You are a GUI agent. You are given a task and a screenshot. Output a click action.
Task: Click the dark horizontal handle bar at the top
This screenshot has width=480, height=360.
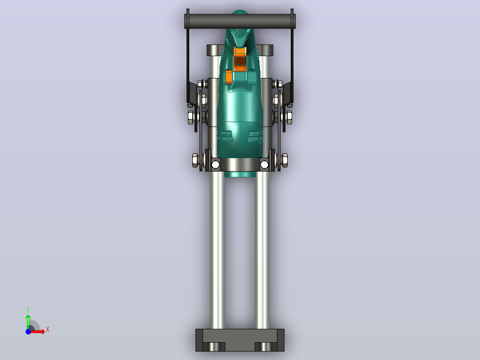click(240, 21)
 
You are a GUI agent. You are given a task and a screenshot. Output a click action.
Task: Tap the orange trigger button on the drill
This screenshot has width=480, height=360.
click(240, 60)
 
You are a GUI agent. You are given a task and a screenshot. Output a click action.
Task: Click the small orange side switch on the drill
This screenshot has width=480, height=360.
click(229, 77)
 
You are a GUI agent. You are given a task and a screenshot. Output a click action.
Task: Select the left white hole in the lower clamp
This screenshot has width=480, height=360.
click(215, 165)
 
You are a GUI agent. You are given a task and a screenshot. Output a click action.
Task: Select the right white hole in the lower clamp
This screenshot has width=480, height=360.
click(264, 165)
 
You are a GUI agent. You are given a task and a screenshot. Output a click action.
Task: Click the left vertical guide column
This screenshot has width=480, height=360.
click(217, 250)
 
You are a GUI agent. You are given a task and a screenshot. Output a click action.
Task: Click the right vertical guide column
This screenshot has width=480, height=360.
click(262, 250)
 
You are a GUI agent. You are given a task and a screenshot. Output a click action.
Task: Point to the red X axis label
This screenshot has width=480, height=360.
click(48, 330)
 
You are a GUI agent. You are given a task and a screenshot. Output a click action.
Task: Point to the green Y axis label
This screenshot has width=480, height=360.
click(28, 310)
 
